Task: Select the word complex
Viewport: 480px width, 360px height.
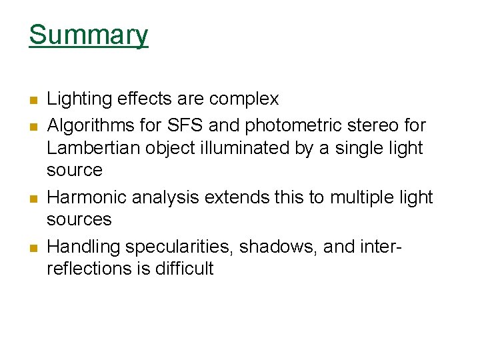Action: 244,99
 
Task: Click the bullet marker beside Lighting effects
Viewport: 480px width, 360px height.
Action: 33,101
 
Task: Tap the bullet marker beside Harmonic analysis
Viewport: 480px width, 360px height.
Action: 33,199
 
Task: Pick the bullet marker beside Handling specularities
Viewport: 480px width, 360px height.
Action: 33,248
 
